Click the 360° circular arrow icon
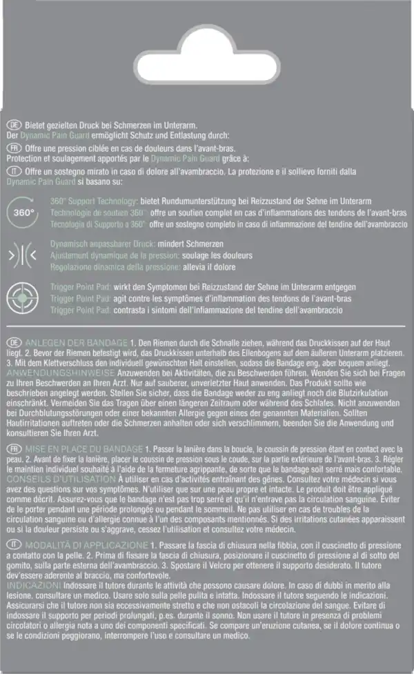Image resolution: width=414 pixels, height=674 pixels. click(24, 213)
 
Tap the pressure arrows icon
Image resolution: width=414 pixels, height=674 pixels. click(24, 255)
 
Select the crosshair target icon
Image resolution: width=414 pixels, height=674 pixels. click(24, 298)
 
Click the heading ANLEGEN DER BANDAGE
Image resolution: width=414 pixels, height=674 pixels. click(76, 343)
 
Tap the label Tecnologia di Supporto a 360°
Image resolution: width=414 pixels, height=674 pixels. click(97, 225)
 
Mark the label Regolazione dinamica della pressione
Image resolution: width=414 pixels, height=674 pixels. click(113, 266)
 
